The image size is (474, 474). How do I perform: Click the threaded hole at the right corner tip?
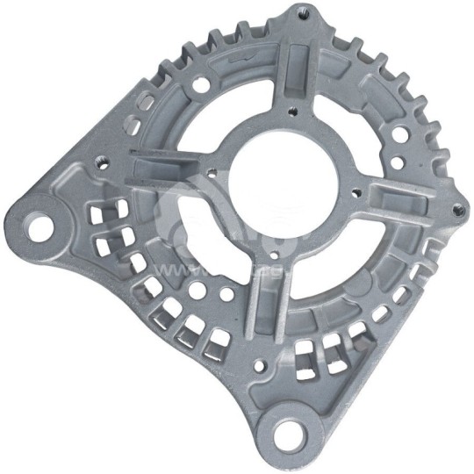[x=455, y=210]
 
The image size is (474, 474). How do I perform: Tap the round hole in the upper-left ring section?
[x=202, y=85]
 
